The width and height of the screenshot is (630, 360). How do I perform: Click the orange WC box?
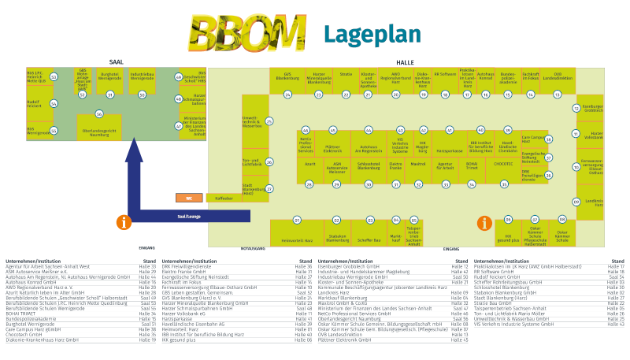[x=190, y=198]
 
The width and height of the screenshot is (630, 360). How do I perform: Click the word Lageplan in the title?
[x=372, y=35]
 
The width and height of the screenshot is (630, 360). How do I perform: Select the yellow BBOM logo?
[x=247, y=33]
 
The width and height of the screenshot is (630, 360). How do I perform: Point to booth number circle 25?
[x=269, y=121]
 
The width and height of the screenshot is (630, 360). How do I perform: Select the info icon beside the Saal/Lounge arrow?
[x=123, y=222]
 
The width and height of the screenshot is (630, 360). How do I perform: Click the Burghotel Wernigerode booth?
[x=109, y=77]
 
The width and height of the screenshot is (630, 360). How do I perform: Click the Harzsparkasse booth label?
[x=449, y=149]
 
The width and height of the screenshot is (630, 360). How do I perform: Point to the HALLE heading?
[x=405, y=62]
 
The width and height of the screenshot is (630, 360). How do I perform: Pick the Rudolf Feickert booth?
[x=35, y=103]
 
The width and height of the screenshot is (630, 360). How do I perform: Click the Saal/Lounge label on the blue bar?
[x=190, y=214]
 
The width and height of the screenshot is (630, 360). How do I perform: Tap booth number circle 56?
[x=99, y=113]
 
